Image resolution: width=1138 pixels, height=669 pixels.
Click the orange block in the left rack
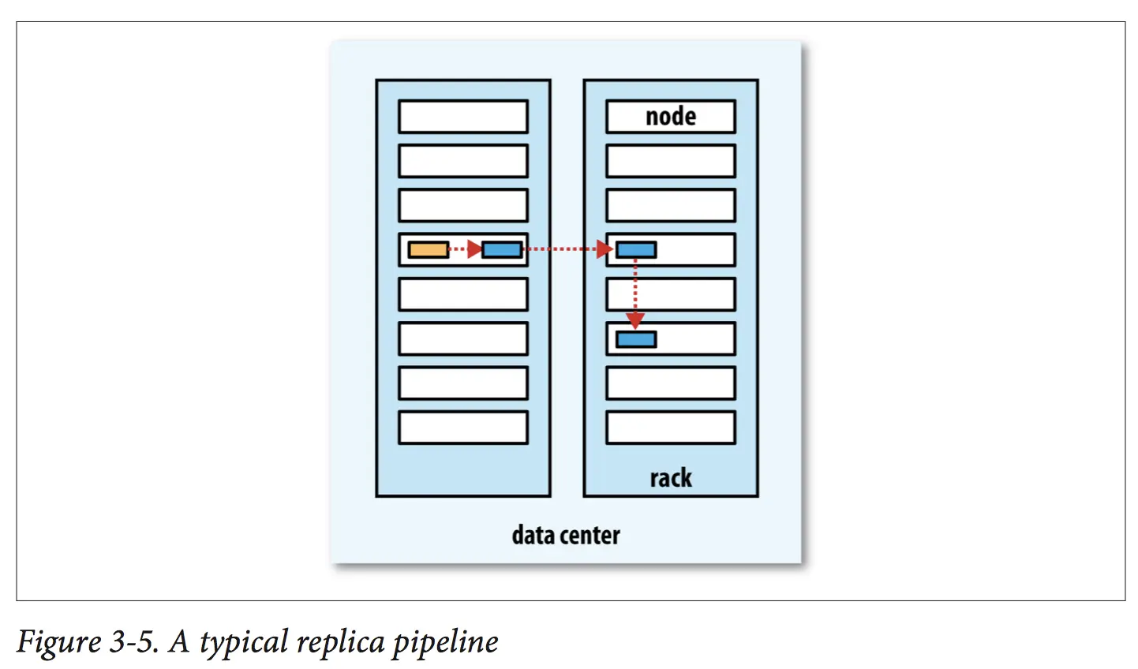(429, 250)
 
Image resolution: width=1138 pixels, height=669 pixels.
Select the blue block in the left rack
(502, 250)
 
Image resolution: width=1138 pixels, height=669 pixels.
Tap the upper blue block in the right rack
(636, 250)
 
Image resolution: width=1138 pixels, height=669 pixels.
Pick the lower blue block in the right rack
(636, 339)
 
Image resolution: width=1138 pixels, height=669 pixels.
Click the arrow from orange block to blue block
(465, 250)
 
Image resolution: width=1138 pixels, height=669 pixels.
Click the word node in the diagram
(671, 117)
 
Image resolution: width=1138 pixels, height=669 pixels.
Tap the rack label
(671, 478)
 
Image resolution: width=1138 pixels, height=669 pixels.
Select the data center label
(566, 536)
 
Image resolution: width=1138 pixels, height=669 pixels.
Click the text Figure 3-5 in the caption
(87, 641)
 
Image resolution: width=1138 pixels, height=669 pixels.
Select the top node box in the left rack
(463, 117)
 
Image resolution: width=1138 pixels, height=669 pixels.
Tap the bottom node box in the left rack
(463, 428)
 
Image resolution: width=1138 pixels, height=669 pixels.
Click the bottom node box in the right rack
(671, 428)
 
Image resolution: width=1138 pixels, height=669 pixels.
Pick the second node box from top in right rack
(671, 161)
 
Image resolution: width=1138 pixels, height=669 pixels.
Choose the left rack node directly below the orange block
(463, 294)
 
